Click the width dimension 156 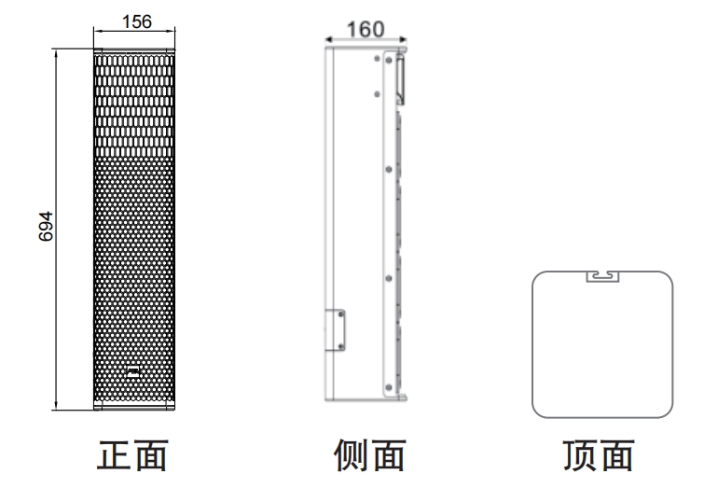[135, 20]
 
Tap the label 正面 [133, 457]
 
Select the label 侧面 [369, 457]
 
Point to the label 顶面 [600, 457]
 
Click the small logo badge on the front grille [134, 373]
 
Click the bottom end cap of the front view [134, 405]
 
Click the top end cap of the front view [134, 51]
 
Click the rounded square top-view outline [533, 345]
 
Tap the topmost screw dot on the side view [377, 59]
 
